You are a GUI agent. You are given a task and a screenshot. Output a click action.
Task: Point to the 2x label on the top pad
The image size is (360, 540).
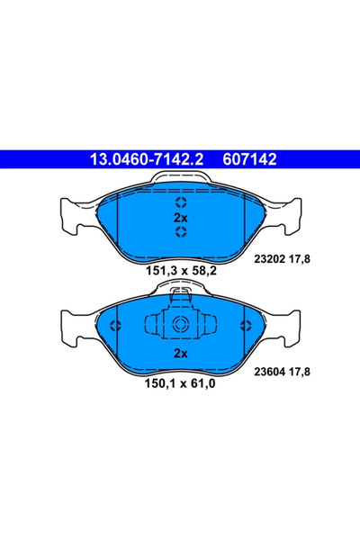[179, 218]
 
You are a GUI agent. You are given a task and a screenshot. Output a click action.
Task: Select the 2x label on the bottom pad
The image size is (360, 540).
[179, 354]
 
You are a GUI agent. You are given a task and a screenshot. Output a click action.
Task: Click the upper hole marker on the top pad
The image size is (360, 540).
[179, 202]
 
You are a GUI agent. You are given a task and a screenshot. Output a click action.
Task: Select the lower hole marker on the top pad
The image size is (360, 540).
[179, 234]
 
